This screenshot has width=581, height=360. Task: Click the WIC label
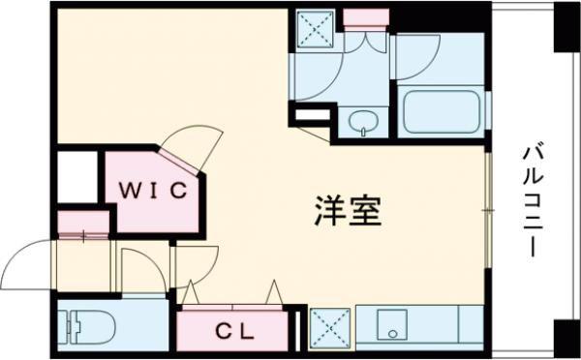click(153, 191)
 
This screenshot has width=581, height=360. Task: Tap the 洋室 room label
click(348, 211)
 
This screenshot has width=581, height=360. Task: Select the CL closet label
click(235, 332)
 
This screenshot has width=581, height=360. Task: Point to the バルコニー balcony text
click(533, 201)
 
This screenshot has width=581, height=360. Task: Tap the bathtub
click(441, 112)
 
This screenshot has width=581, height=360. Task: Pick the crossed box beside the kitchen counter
click(330, 328)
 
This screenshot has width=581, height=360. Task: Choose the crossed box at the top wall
click(316, 29)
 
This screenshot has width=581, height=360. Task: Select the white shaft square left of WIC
click(77, 177)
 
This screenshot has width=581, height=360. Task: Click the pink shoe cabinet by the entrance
click(83, 223)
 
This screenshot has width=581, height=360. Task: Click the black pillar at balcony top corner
click(566, 27)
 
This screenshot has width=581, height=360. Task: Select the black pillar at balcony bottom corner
click(566, 339)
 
